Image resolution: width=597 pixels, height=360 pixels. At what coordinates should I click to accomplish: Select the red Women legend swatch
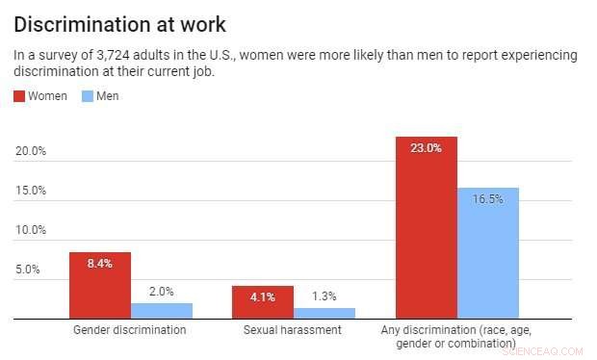[x=20, y=96]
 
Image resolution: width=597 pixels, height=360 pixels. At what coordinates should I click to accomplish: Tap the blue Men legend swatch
[x=87, y=96]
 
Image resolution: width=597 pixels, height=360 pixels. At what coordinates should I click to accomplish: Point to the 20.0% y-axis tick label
[x=31, y=151]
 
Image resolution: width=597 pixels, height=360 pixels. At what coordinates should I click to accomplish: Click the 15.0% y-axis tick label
[x=31, y=191]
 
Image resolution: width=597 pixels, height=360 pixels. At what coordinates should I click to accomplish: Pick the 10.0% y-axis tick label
[x=31, y=230]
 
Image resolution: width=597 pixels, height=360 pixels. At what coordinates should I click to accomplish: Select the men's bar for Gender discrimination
[x=162, y=311]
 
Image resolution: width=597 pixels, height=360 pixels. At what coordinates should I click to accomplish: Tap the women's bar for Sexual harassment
[x=262, y=302]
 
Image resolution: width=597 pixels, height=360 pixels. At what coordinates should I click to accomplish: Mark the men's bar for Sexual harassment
[x=324, y=314]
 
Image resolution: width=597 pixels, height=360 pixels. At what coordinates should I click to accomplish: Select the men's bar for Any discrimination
[x=488, y=254]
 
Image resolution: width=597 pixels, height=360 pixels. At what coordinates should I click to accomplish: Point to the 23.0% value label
[x=426, y=148]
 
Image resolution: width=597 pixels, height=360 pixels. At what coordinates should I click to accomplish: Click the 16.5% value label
[x=488, y=198]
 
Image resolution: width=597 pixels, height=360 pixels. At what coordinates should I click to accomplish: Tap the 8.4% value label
[x=99, y=263]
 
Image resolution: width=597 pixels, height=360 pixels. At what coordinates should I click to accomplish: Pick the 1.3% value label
[x=324, y=296]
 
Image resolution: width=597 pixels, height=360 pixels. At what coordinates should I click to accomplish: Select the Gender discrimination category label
[x=130, y=330]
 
